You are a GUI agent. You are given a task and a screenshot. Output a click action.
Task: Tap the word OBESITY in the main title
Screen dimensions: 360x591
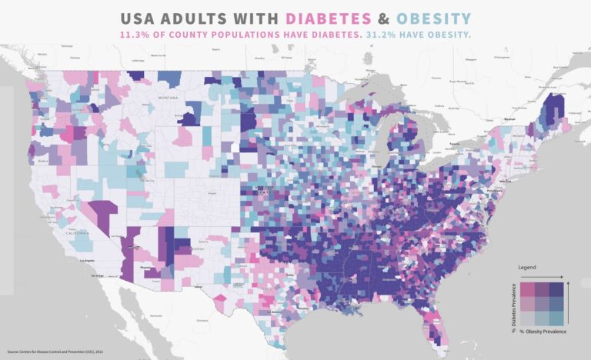(431, 18)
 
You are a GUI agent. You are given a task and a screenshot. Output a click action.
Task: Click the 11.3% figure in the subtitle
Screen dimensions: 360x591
(135, 35)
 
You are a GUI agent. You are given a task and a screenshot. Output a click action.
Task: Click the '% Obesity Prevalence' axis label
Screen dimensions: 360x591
(543, 331)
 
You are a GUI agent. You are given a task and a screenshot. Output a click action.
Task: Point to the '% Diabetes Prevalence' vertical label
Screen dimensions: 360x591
(513, 303)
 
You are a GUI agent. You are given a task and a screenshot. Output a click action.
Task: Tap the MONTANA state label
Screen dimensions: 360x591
(169, 99)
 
